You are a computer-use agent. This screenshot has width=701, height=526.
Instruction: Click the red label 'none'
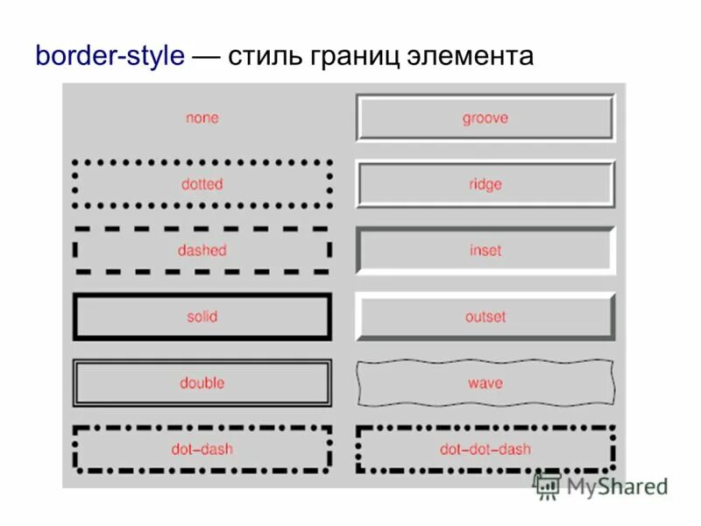(202, 117)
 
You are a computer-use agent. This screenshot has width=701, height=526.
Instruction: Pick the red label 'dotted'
(202, 184)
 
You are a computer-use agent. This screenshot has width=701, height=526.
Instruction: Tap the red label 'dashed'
(202, 250)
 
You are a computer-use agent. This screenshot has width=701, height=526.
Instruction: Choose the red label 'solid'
(202, 316)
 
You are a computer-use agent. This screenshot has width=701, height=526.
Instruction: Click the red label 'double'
(202, 383)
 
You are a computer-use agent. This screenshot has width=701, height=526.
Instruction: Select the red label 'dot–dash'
(202, 450)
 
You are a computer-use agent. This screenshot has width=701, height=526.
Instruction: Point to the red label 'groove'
(485, 117)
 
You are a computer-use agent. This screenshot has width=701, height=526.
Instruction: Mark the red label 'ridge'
(485, 184)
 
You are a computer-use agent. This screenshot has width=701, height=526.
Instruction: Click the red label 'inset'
(485, 250)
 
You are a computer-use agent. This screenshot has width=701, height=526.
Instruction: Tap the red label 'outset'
(485, 316)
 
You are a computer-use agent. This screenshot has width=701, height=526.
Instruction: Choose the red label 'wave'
(485, 383)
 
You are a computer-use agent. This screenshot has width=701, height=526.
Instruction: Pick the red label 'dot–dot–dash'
(485, 450)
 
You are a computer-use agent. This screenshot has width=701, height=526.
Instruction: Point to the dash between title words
(207, 57)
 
